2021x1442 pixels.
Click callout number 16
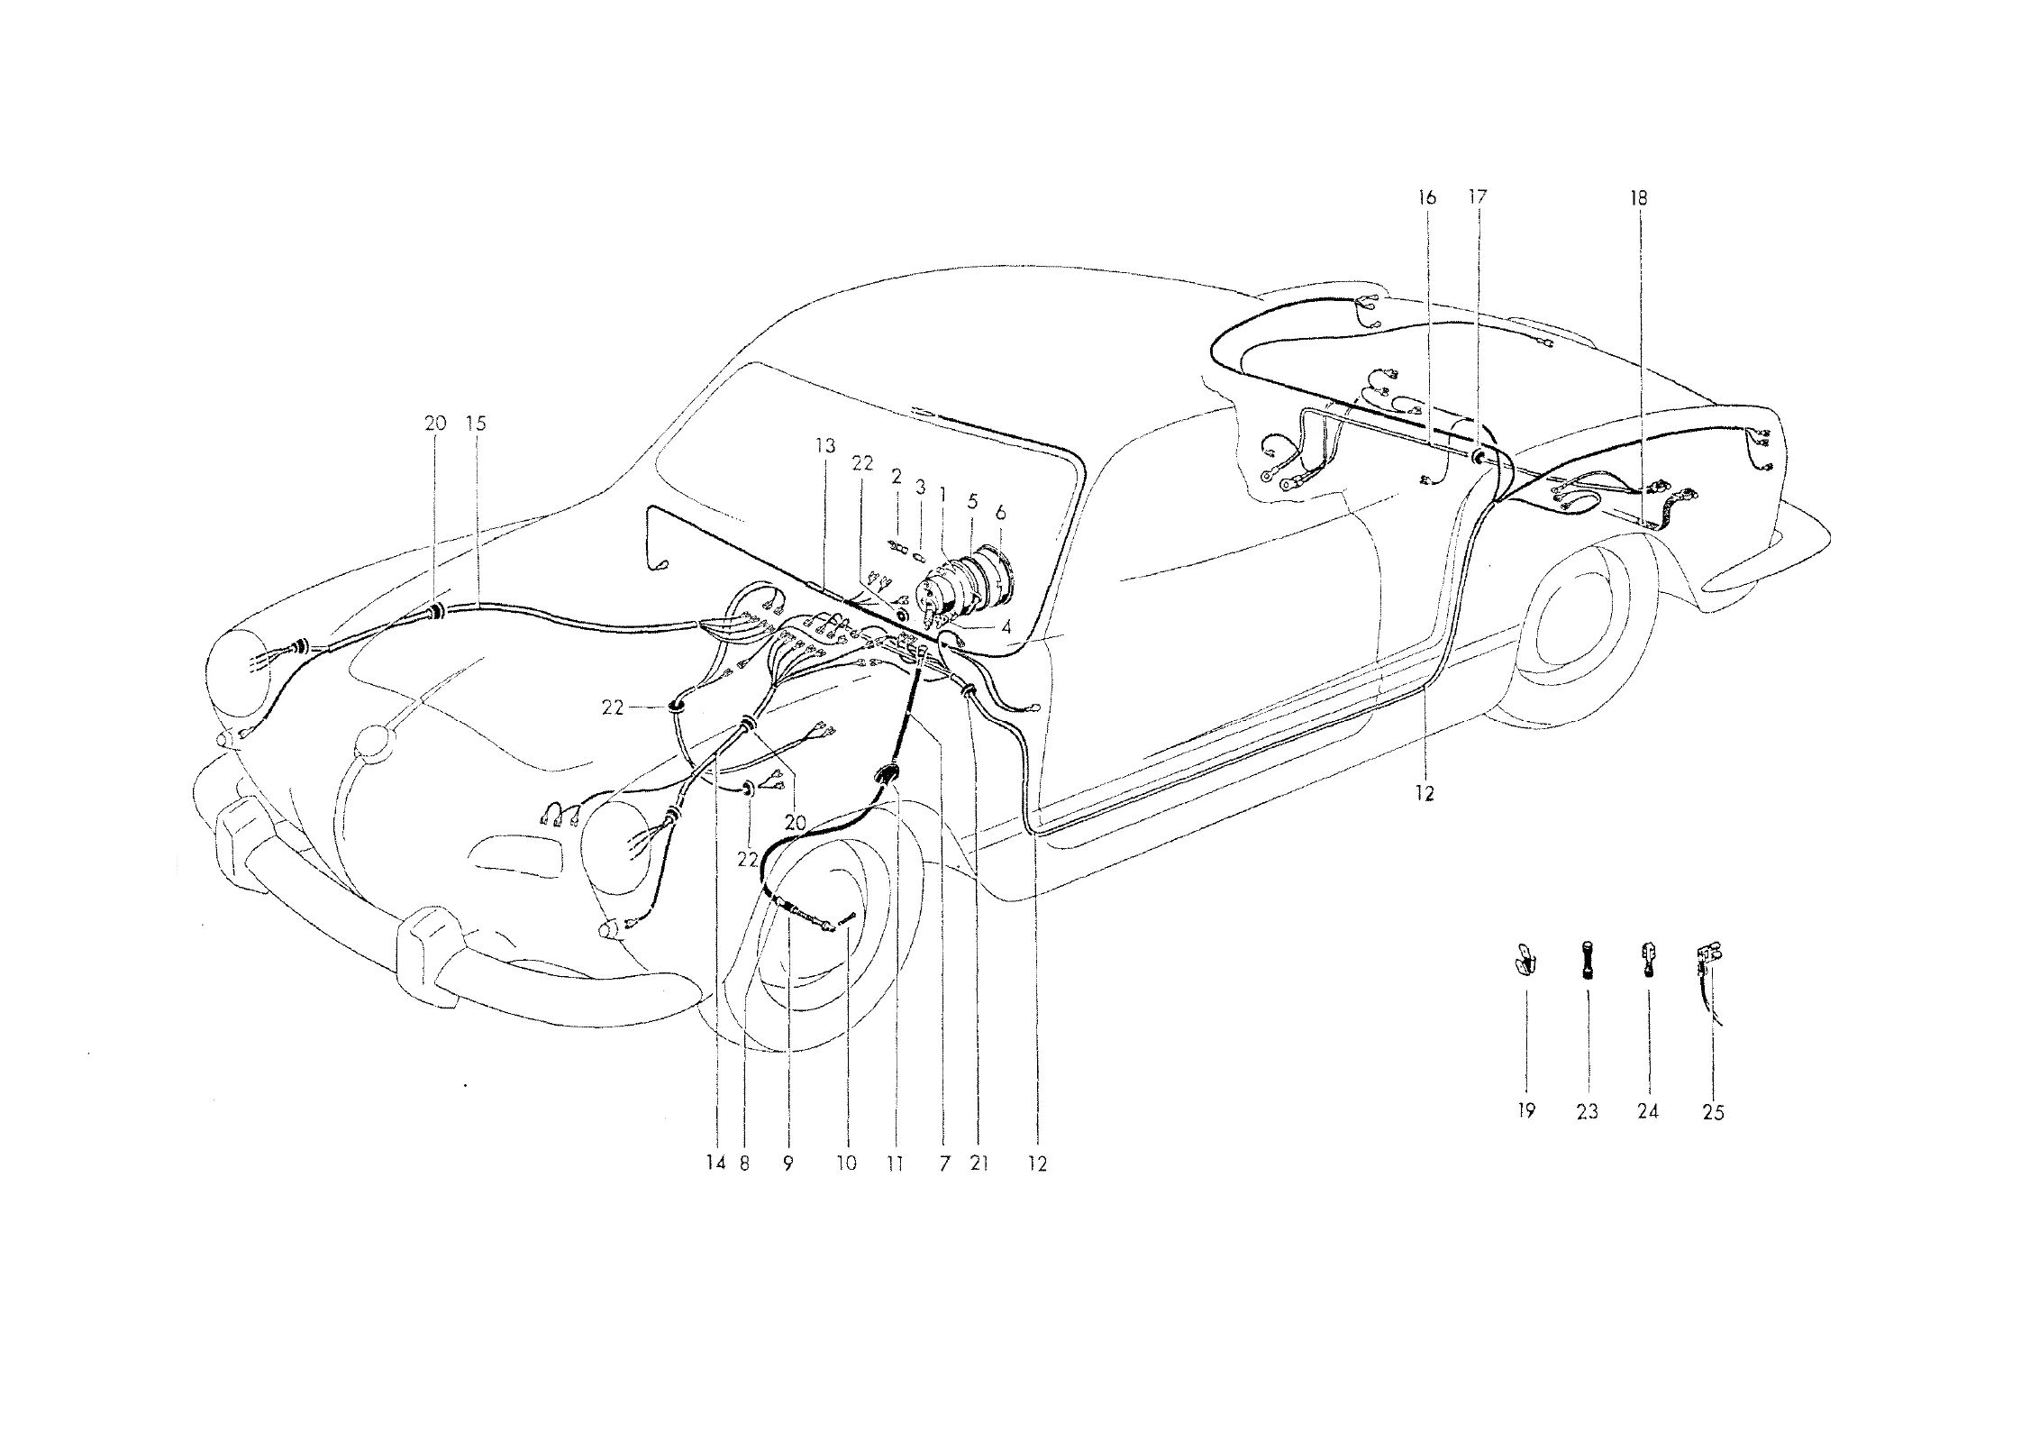tap(1426, 197)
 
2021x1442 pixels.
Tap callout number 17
tap(1477, 197)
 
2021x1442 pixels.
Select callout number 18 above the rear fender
tap(1638, 197)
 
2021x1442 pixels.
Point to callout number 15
tap(476, 423)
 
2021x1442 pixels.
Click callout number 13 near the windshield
tap(825, 446)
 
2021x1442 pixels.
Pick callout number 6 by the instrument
tap(1000, 513)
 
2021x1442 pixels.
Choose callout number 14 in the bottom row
tap(715, 1164)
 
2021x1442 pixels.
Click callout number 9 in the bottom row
tap(787, 1164)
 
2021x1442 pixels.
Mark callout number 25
tap(1713, 1112)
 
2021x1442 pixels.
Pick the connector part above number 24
tap(1647, 959)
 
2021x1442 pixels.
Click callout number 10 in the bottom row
tap(847, 1164)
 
